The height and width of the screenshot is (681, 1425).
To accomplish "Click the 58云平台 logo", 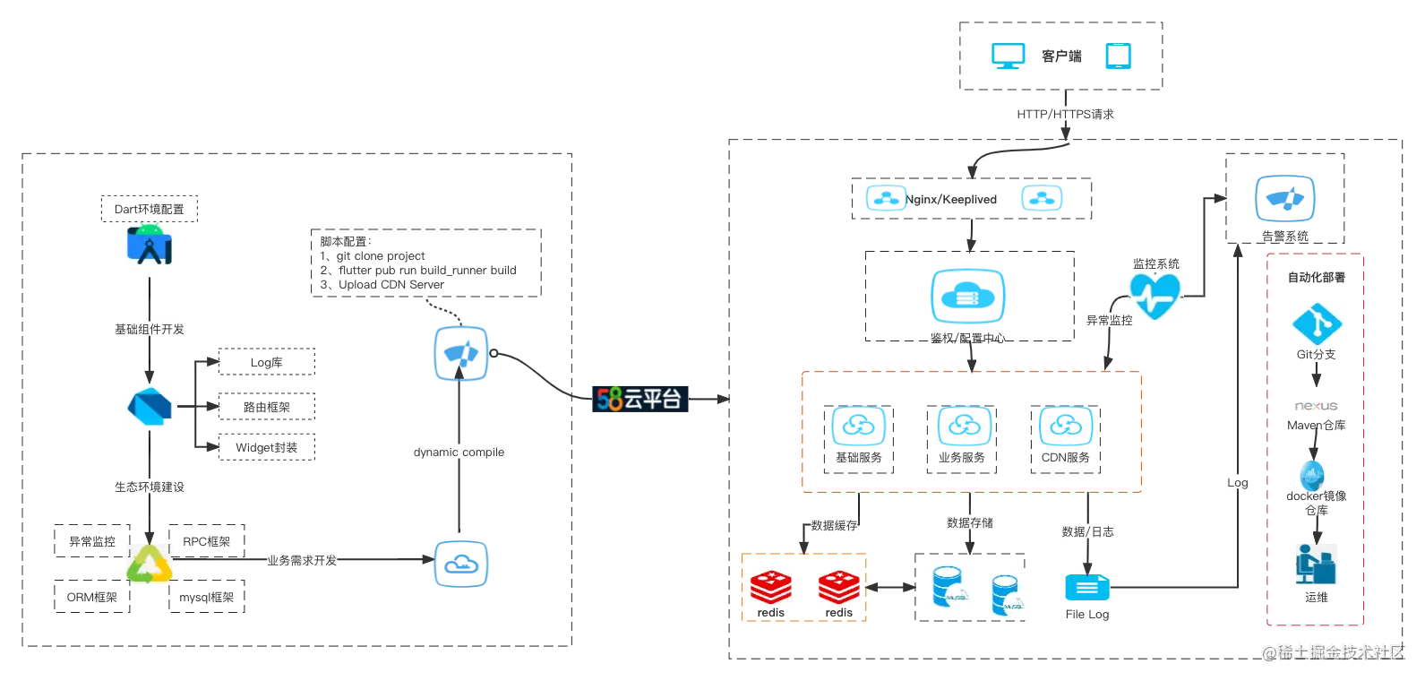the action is [x=640, y=399].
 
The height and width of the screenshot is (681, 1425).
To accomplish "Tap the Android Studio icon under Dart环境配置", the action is [x=150, y=245].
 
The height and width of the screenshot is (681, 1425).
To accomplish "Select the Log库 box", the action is [x=267, y=361].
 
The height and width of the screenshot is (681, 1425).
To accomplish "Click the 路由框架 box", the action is [x=267, y=407].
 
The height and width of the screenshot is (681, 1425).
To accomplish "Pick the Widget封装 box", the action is [x=267, y=447].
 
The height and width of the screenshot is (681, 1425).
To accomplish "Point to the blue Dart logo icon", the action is [x=150, y=406].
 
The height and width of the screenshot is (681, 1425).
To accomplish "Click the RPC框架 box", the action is [x=207, y=541].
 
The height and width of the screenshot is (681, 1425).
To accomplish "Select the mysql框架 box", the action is [x=207, y=597].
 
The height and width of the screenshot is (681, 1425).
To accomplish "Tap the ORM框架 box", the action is [x=92, y=597].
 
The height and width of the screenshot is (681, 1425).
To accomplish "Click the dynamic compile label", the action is [x=459, y=452].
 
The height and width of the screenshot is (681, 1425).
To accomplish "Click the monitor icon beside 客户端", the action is [x=1009, y=56].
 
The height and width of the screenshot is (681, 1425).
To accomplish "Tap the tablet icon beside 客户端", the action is [x=1119, y=56].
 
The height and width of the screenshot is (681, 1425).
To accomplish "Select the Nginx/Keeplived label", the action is [x=951, y=199].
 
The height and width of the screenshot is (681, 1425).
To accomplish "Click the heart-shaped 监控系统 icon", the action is [x=1155, y=296].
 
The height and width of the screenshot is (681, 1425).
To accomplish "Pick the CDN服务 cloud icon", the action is [x=1066, y=426].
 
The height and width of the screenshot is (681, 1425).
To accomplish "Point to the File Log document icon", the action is [x=1087, y=588].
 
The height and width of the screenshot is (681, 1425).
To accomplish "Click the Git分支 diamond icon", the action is [x=1317, y=324].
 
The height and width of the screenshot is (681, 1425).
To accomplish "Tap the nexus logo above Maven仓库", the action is [x=1317, y=405].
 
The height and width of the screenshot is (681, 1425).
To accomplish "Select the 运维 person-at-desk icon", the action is [x=1317, y=564].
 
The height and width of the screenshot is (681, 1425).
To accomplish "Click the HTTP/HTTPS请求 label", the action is [x=1065, y=114].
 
